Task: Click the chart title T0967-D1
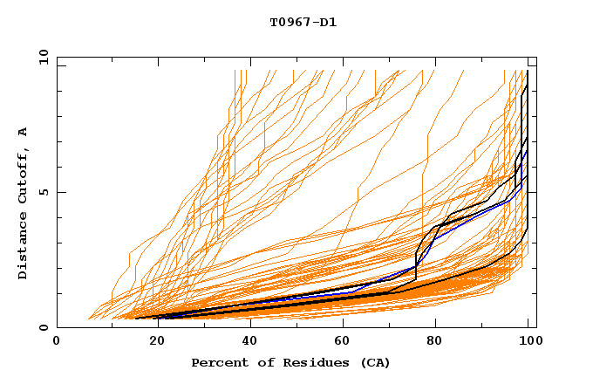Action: (303, 23)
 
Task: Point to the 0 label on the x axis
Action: (57, 341)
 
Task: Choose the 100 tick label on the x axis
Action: (528, 341)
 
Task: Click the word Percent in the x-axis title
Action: (218, 362)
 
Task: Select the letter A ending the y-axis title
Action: (24, 132)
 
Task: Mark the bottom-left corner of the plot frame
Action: (57, 327)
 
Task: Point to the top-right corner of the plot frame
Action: (535, 58)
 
